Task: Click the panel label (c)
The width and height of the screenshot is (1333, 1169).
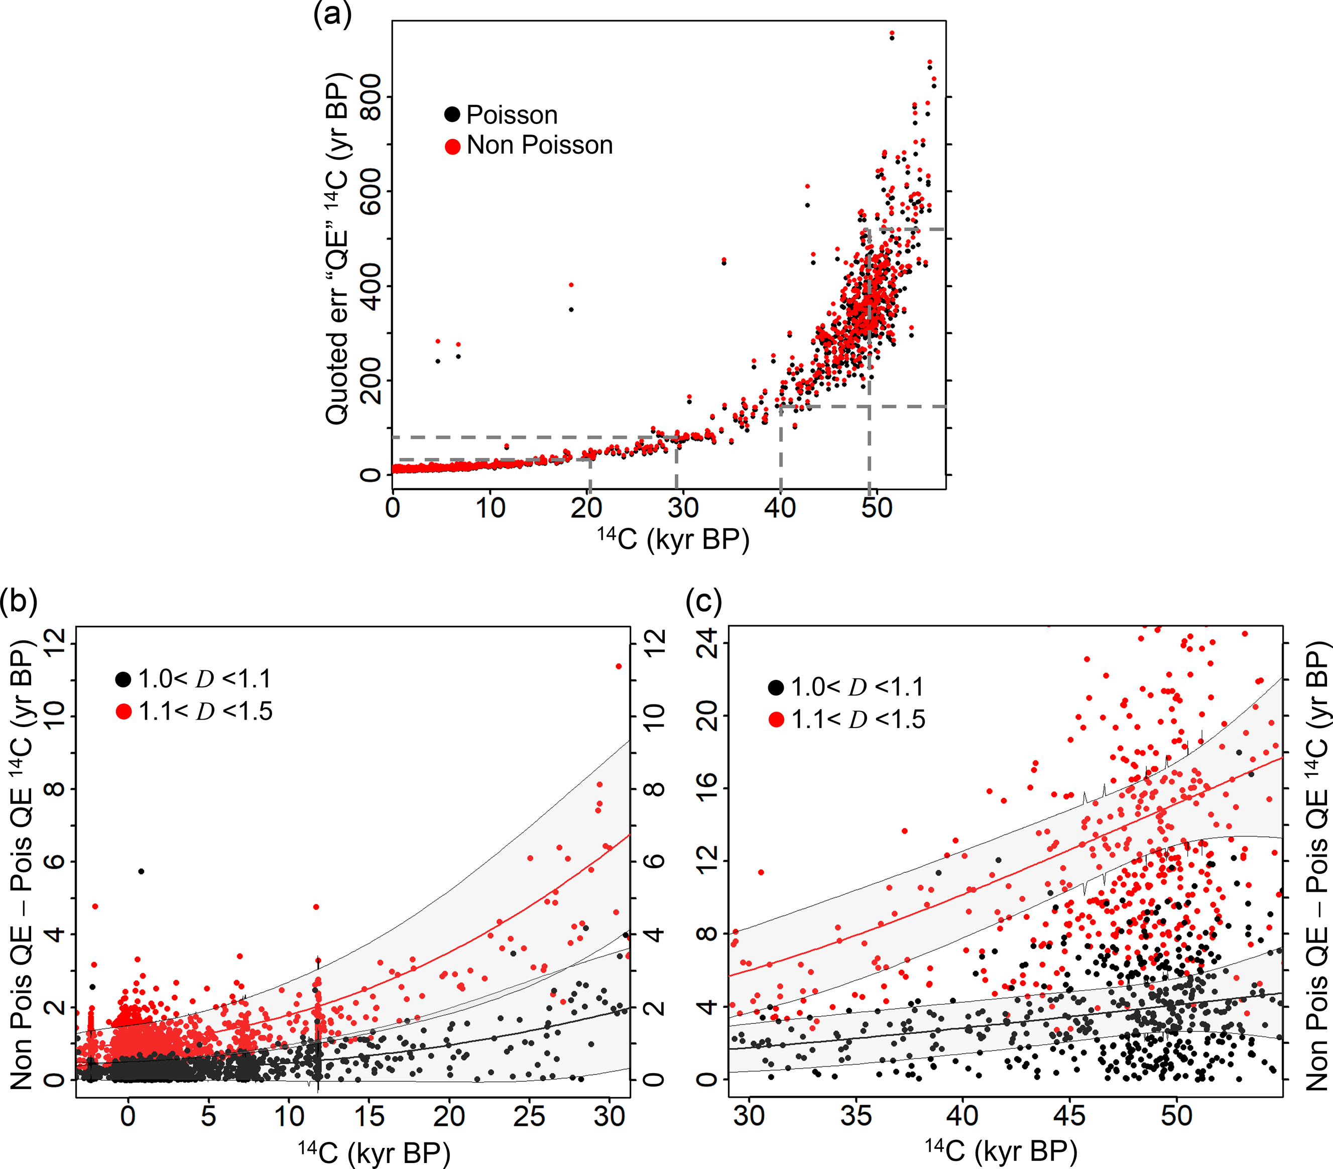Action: tap(704, 601)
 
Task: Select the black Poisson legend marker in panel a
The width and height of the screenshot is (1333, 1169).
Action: tap(452, 115)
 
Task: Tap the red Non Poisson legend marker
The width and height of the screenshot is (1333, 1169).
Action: tap(452, 146)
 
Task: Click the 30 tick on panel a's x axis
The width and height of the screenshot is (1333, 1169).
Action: tap(682, 508)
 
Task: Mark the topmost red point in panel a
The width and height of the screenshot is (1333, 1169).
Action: tap(892, 33)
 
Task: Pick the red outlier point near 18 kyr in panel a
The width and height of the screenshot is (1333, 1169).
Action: tap(571, 285)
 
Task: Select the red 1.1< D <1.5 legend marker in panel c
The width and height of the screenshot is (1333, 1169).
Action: tap(776, 720)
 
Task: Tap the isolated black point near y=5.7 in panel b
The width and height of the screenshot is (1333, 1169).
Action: tap(141, 872)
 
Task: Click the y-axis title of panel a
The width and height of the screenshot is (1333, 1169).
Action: tap(338, 248)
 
